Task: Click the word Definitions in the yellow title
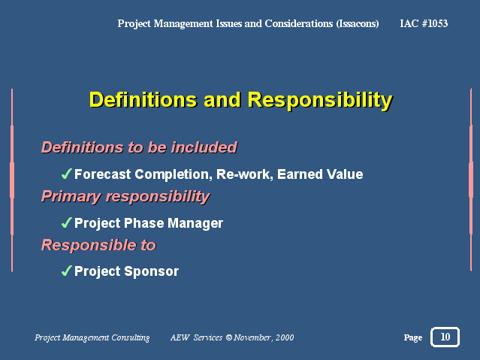[143, 100]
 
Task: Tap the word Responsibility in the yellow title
[320, 101]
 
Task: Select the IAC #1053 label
[424, 23]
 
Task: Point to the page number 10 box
[445, 337]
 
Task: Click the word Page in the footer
[413, 337]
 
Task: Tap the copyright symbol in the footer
[229, 337]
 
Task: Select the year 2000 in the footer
[285, 337]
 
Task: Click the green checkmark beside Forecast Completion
[66, 174]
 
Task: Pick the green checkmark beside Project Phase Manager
[66, 222]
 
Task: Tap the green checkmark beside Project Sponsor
[66, 271]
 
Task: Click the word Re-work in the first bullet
[245, 174]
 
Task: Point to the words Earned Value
[320, 174]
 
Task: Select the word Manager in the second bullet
[195, 223]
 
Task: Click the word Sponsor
[152, 272]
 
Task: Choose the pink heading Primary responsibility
[125, 197]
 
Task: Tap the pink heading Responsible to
[98, 245]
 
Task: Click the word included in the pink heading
[204, 147]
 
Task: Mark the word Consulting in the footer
[131, 337]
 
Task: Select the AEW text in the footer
[180, 337]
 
